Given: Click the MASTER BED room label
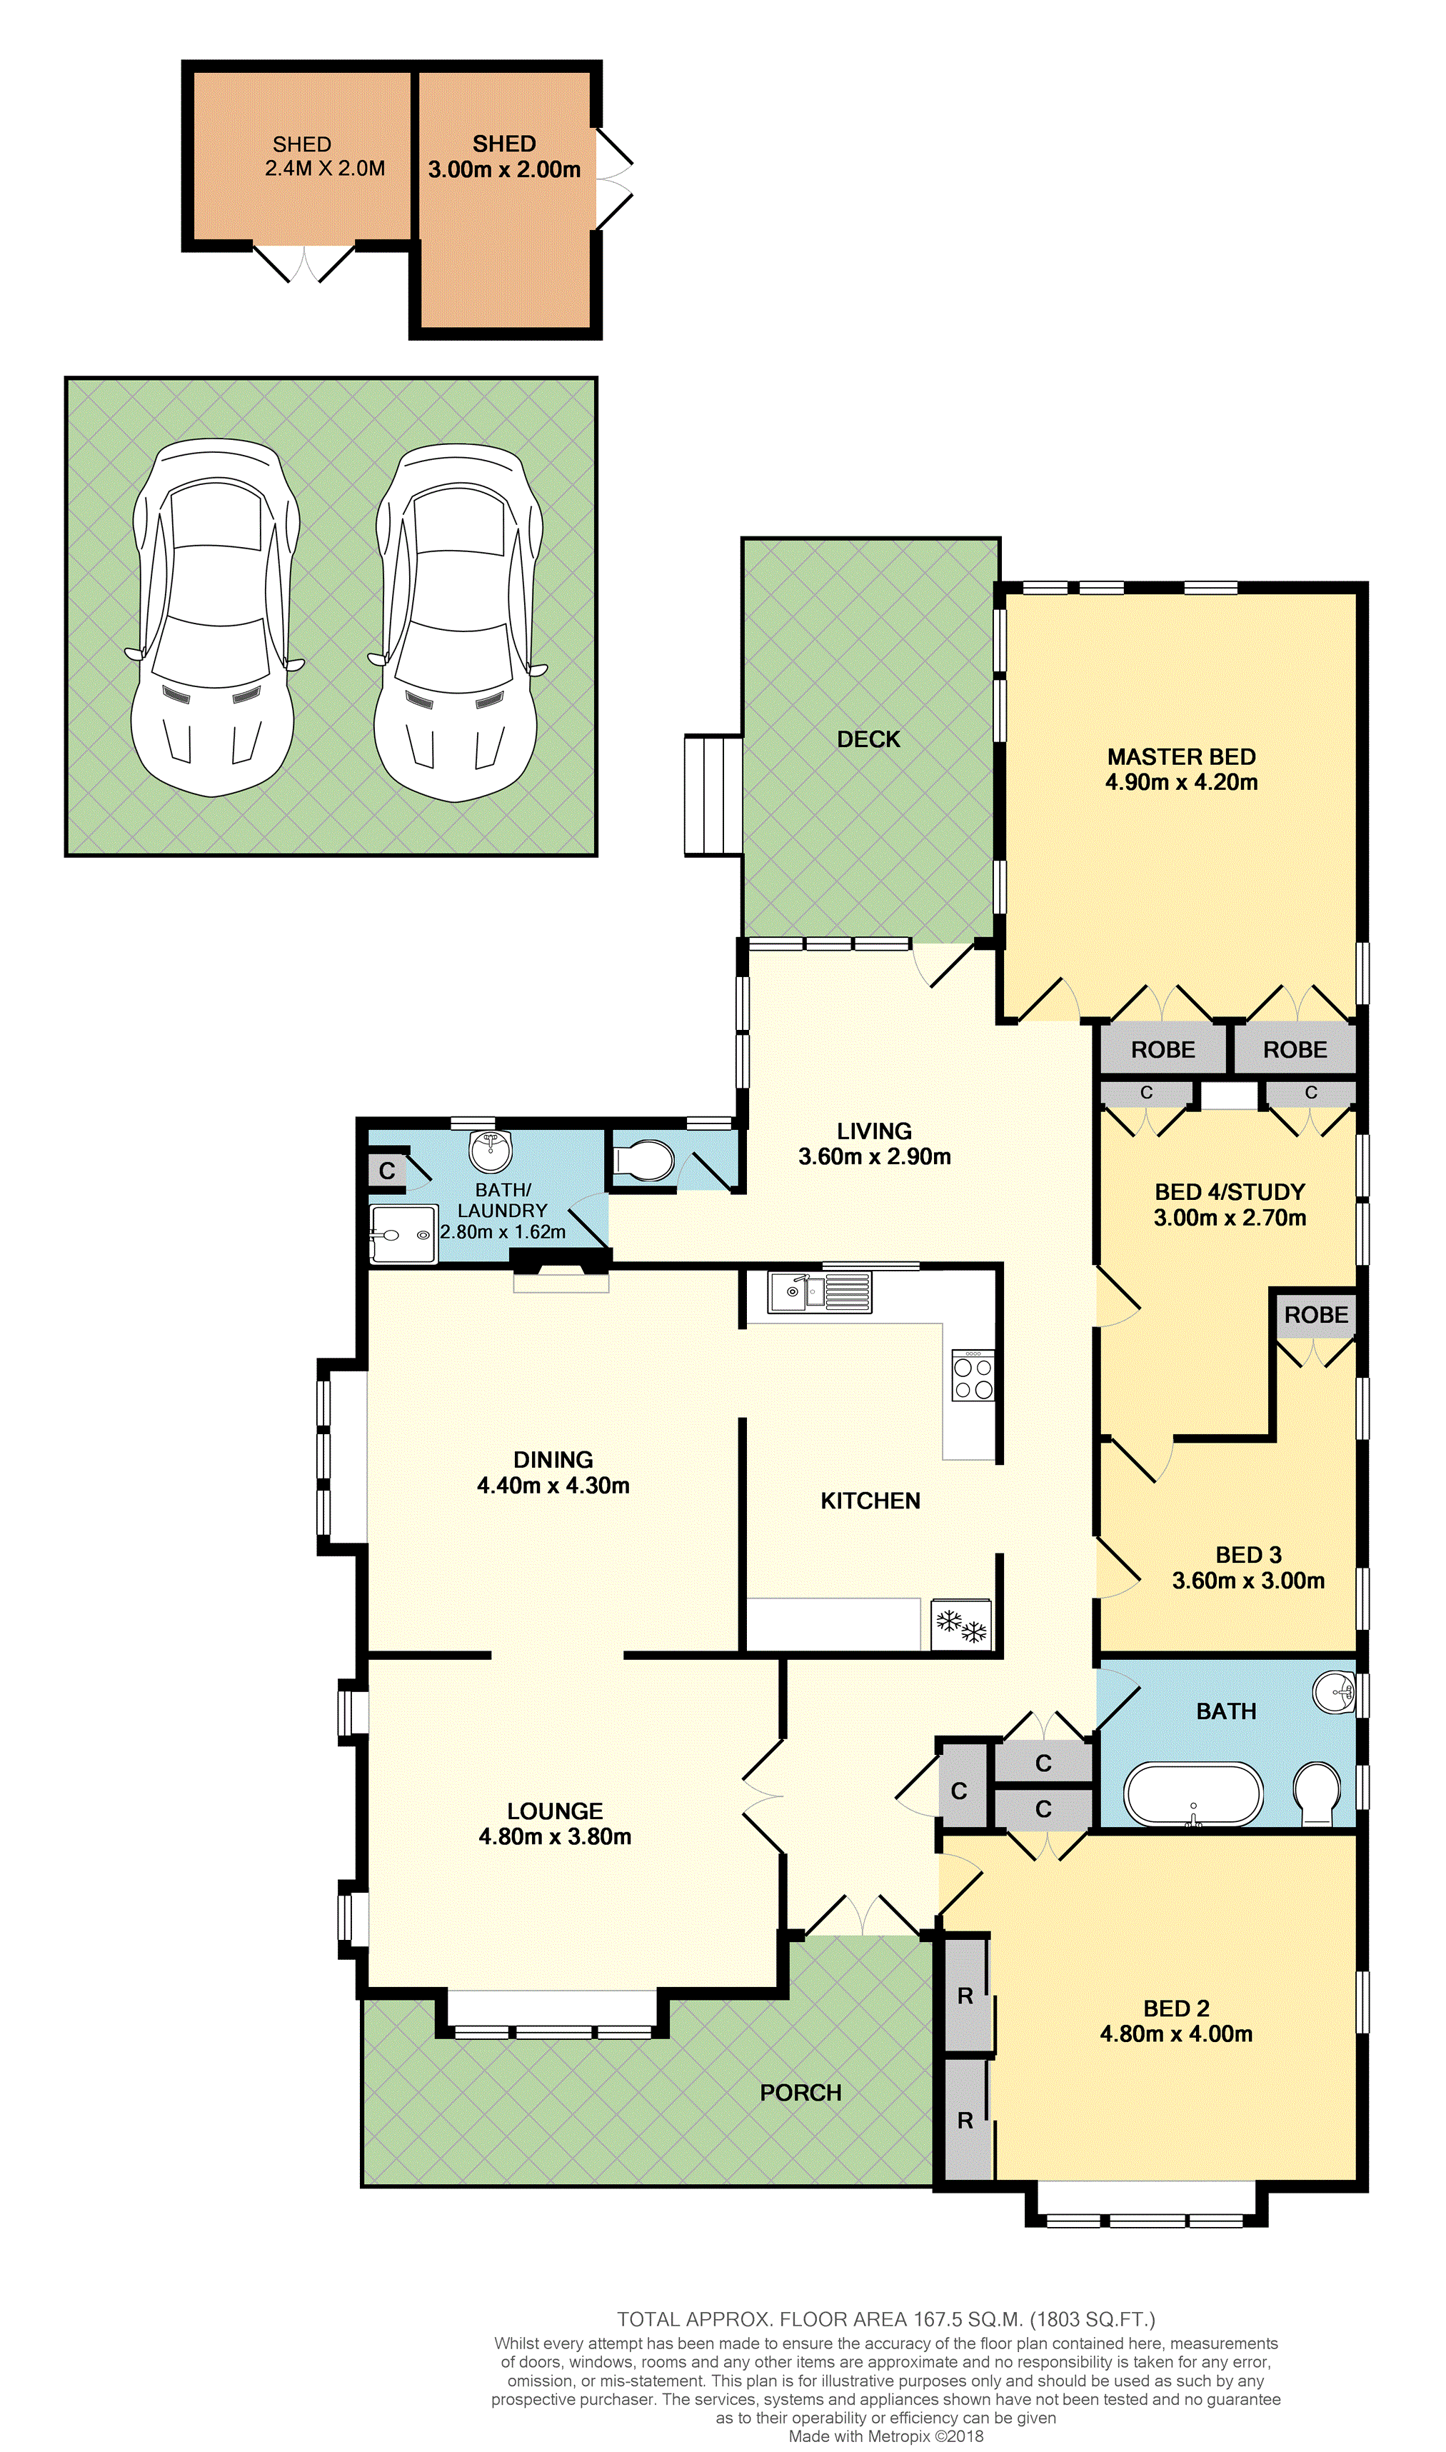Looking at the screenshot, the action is (1181, 756).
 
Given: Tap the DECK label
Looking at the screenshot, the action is (868, 739).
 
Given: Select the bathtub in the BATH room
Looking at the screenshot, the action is (1194, 1794).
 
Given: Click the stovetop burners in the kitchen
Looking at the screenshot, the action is (973, 1375).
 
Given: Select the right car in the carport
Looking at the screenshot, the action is (458, 622).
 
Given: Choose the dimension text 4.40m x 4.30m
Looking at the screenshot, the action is (553, 1485).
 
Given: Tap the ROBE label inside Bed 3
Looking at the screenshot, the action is (1315, 1315).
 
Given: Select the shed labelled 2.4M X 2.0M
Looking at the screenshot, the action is (302, 156).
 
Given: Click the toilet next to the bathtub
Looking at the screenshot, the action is (1317, 1793).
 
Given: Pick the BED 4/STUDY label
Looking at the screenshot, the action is (1230, 1192).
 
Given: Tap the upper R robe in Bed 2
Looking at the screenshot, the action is (965, 1996).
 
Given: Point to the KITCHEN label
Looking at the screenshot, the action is (870, 1501).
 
